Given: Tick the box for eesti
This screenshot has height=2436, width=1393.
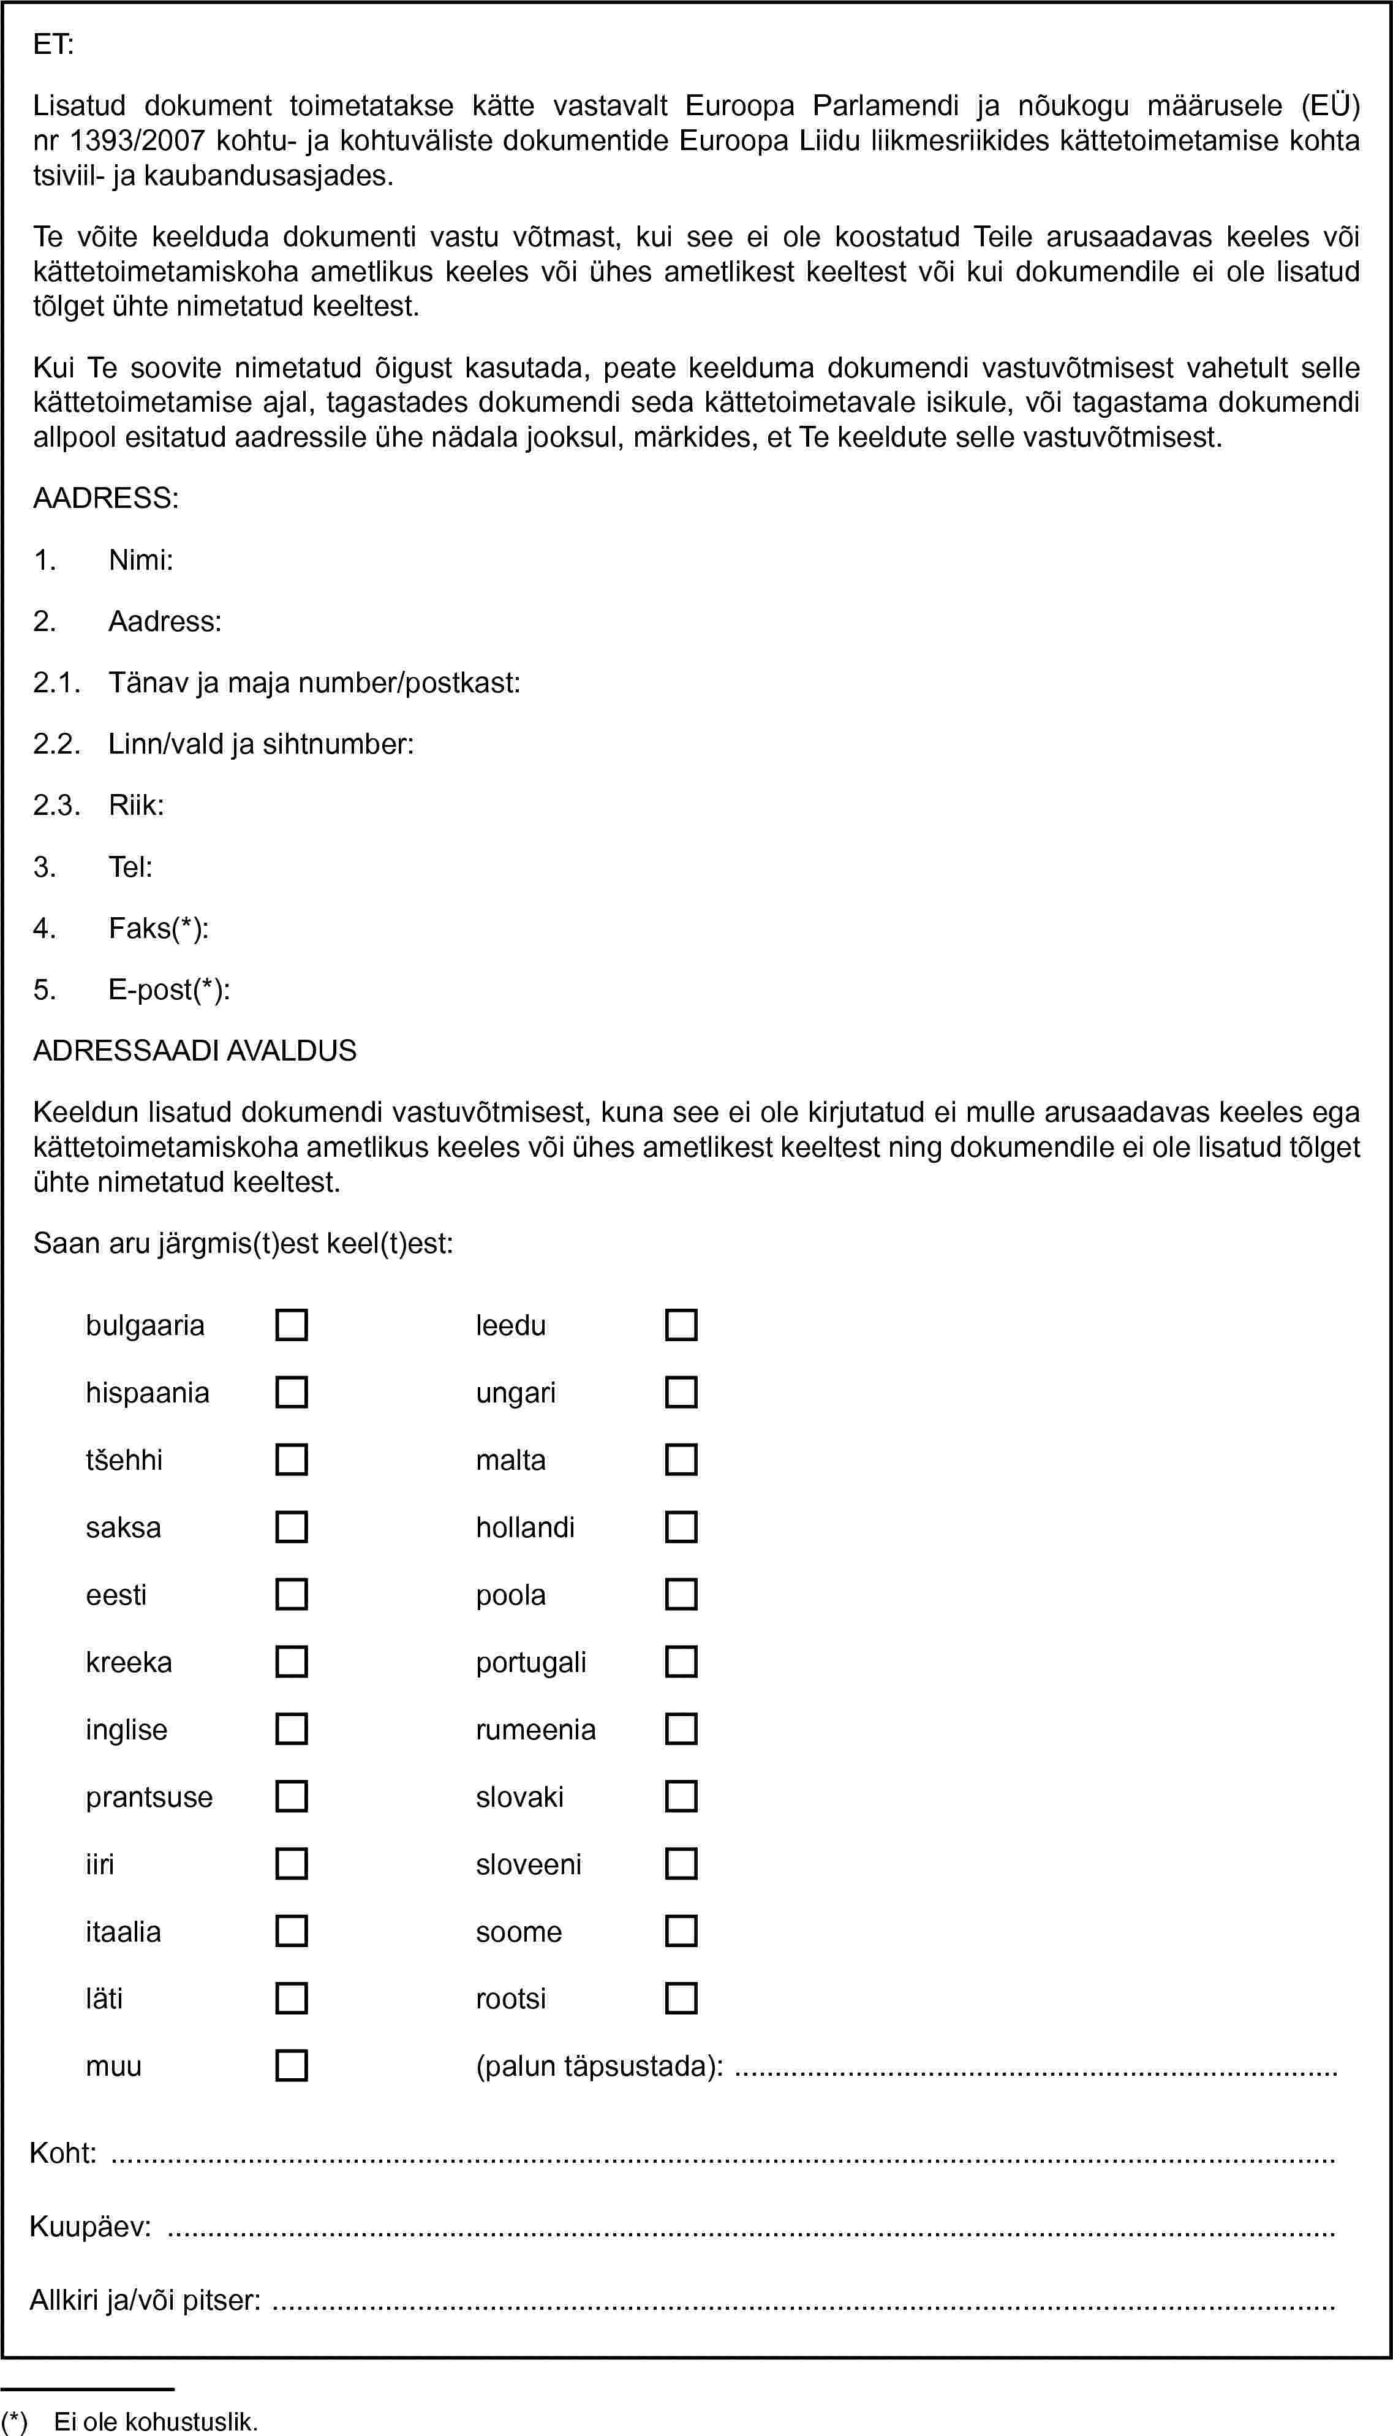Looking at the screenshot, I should [x=291, y=1594].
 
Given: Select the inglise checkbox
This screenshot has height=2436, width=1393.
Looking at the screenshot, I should [x=291, y=1729].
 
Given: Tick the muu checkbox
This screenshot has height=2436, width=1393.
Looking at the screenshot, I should [x=291, y=2066].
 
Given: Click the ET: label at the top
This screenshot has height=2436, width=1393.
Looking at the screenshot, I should [x=53, y=44].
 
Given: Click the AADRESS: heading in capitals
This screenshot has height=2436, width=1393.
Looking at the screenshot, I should [x=105, y=497].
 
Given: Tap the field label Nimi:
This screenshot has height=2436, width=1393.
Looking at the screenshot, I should [x=141, y=560].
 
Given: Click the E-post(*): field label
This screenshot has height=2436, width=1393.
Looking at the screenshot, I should [x=168, y=989].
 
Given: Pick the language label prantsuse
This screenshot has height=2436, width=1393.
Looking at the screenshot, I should [x=149, y=1797].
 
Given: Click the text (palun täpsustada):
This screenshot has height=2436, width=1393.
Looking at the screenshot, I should [x=600, y=2067].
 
